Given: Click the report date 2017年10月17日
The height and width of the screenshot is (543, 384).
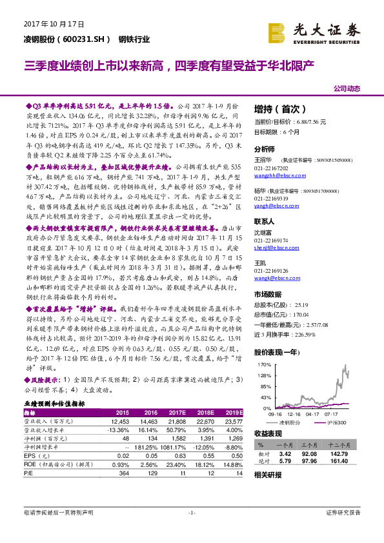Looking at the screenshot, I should pyautogui.click(x=54, y=25).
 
